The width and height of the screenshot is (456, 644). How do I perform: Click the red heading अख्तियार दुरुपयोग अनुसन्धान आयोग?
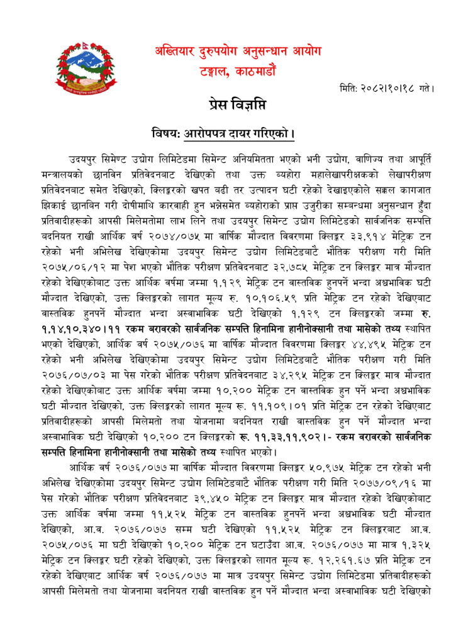[x=247, y=52]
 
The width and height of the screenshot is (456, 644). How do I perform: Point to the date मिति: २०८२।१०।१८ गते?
[x=385, y=89]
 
